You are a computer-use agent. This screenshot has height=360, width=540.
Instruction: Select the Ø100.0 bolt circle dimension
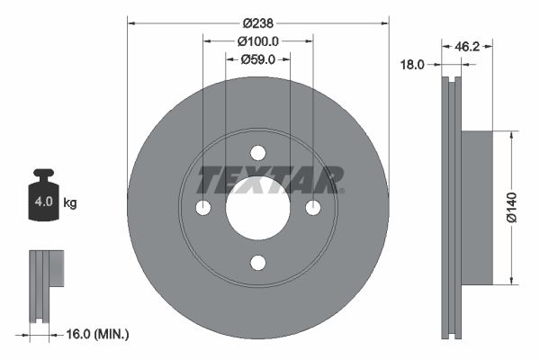tap(257, 40)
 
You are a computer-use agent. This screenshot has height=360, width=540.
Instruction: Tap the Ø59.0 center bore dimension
tap(257, 59)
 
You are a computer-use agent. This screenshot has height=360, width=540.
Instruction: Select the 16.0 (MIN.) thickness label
tap(98, 334)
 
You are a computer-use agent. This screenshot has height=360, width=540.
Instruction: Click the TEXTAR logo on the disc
tap(269, 180)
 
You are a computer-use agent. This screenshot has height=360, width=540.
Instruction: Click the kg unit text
tap(70, 203)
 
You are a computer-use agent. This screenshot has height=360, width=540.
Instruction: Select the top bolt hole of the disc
tap(257, 153)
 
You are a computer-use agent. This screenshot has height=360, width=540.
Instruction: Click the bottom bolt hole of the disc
tap(257, 263)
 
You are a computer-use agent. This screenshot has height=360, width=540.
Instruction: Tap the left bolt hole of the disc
tap(202, 208)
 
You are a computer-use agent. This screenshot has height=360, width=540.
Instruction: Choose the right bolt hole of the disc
tap(312, 208)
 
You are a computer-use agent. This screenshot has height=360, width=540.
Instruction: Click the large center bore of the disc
tap(257, 208)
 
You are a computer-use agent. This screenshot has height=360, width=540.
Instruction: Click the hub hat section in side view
tap(478, 207)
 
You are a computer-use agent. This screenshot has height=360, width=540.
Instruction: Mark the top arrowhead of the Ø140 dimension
tap(513, 135)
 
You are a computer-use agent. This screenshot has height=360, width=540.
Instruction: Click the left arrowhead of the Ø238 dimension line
tap(131, 22)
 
